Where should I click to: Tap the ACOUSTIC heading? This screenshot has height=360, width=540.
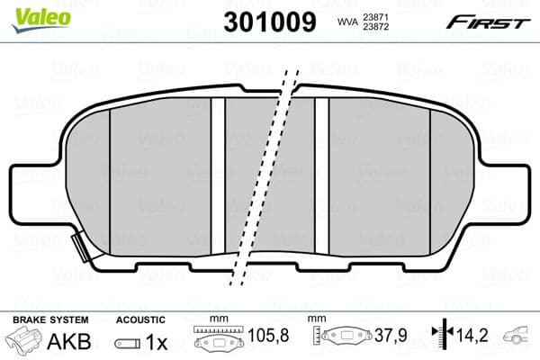pyautogui.click(x=141, y=319)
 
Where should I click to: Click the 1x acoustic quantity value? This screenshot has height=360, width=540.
pyautogui.click(x=157, y=342)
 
